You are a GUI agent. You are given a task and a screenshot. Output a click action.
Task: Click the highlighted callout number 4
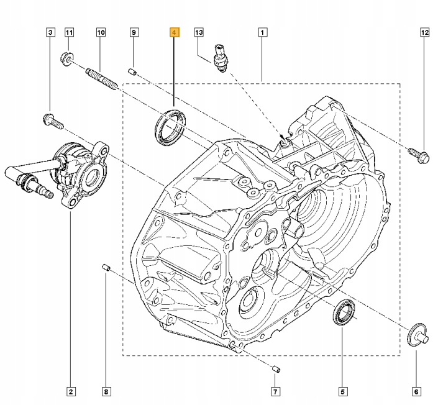(x=175, y=32)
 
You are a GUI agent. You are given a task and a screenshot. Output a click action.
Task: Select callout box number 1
(x=263, y=32)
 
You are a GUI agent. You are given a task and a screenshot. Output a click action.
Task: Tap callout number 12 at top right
(x=424, y=32)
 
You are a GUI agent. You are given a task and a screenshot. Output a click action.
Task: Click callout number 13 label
(x=199, y=32)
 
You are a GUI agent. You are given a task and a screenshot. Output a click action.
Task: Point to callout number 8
(x=106, y=391)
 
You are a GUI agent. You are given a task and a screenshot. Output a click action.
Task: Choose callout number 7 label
(x=275, y=391)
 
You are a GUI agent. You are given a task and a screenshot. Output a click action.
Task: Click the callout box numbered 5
(x=342, y=391)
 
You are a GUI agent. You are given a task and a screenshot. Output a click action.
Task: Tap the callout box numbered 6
(x=416, y=391)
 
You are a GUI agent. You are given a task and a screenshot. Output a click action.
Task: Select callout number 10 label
(x=101, y=32)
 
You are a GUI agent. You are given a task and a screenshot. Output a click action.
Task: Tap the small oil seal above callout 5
(x=342, y=312)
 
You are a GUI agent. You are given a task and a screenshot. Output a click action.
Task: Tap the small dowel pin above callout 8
(x=106, y=268)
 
